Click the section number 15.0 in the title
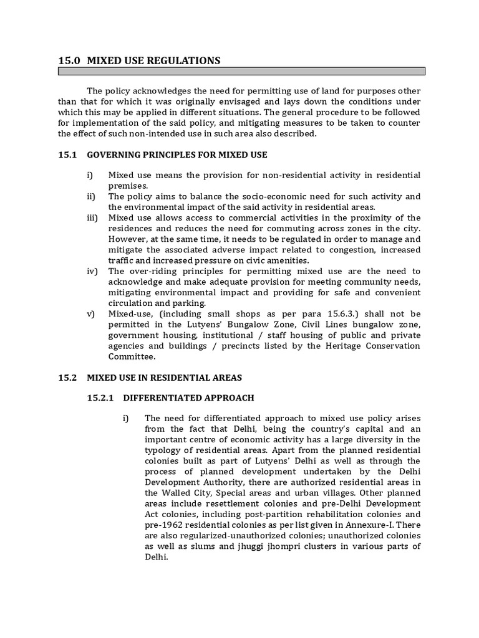pos(69,60)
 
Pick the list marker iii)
pos(92,217)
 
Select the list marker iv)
pos(92,271)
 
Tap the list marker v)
pos(91,313)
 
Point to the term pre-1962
pos(162,525)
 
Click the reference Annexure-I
pos(380,525)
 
